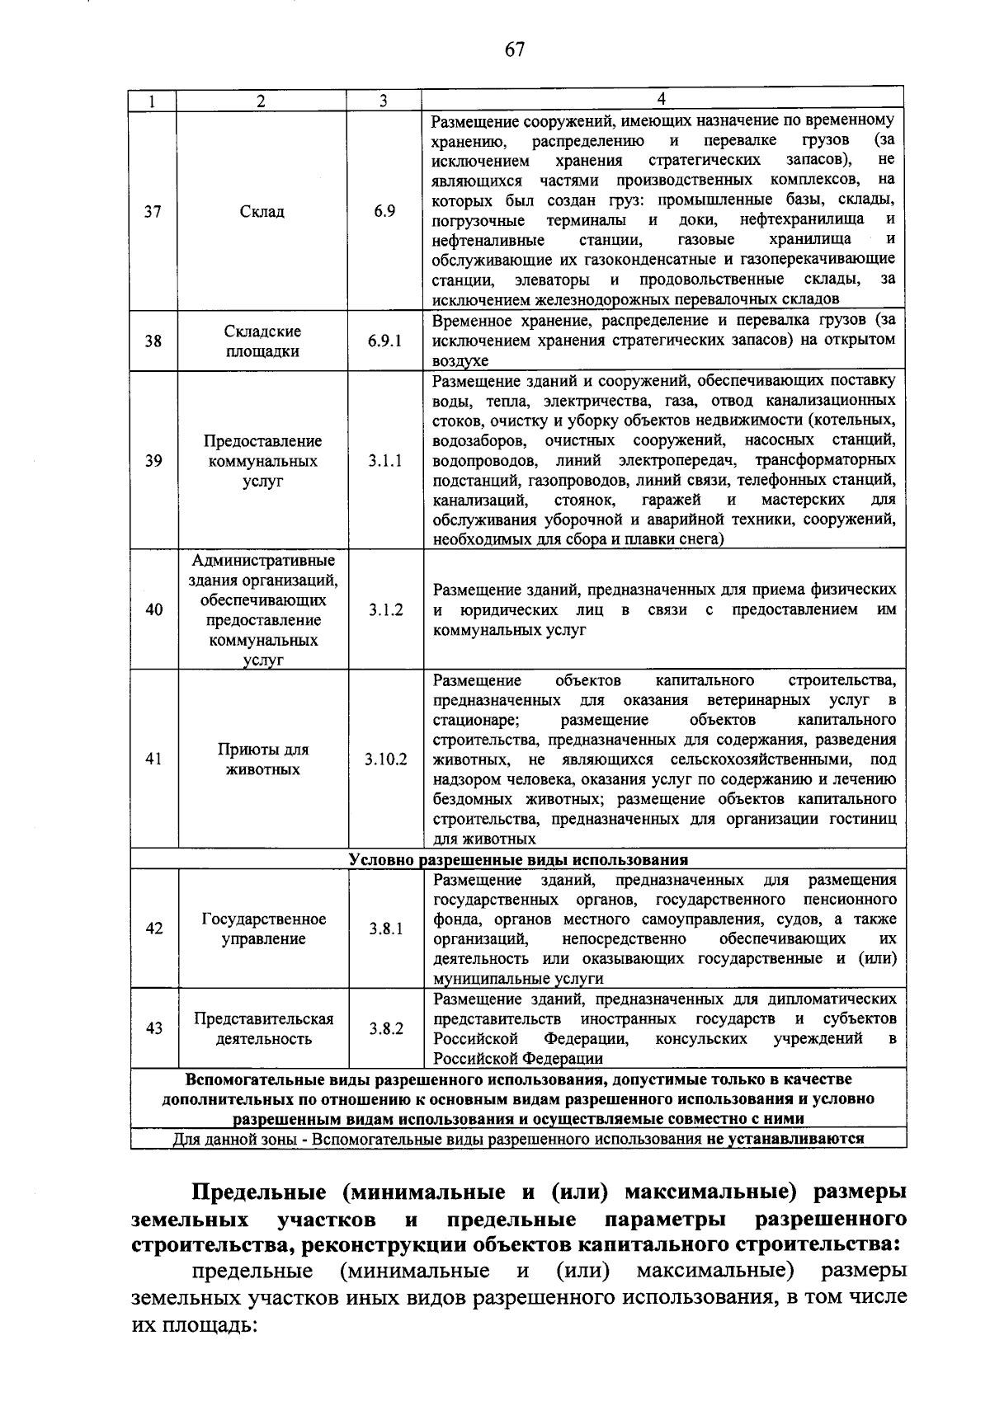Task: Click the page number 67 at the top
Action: pyautogui.click(x=515, y=50)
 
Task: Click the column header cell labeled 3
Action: pyautogui.click(x=384, y=101)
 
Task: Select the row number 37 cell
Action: pyautogui.click(x=153, y=211)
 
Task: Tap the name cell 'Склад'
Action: pyautogui.click(x=262, y=212)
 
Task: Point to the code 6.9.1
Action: pyautogui.click(x=384, y=341)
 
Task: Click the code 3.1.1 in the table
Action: pyautogui.click(x=384, y=461)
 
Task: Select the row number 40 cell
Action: pyautogui.click(x=153, y=609)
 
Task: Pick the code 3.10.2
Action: pyautogui.click(x=385, y=759)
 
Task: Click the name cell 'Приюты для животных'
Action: pyautogui.click(x=262, y=759)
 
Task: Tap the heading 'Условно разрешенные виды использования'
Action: pyautogui.click(x=518, y=859)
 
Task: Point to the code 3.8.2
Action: pyautogui.click(x=385, y=1028)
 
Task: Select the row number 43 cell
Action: pyautogui.click(x=153, y=1028)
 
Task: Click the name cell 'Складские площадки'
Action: pyautogui.click(x=262, y=341)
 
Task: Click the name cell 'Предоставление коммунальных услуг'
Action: pyautogui.click(x=262, y=461)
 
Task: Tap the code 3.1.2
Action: pyautogui.click(x=385, y=610)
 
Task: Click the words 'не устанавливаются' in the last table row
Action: pyautogui.click(x=785, y=1139)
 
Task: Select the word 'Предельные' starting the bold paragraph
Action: pyautogui.click(x=253, y=1192)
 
